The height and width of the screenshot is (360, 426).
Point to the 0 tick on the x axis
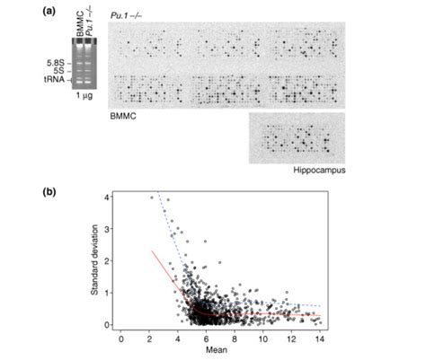[121, 340]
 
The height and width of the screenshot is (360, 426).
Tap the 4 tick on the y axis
[107, 197]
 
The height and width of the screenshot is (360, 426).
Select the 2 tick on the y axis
[107, 260]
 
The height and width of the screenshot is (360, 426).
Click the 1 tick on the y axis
[107, 293]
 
